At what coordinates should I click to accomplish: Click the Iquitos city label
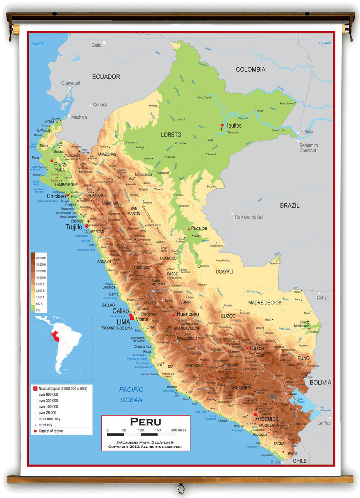point(234,126)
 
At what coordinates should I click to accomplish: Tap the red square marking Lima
point(132,318)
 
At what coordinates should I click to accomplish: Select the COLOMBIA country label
point(250,70)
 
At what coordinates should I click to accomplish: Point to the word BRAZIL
point(290,205)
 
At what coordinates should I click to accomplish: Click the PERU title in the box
point(145,422)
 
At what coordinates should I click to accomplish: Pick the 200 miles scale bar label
point(178,430)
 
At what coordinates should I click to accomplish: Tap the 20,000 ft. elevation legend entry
point(41,258)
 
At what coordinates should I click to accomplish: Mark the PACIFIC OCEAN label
point(131,395)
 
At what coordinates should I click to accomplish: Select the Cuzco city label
point(257,348)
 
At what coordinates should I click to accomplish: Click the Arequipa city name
point(267,419)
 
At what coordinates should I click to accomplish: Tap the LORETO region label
point(171,135)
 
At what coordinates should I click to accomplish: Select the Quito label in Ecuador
point(96,46)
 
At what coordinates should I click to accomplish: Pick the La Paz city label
point(323,423)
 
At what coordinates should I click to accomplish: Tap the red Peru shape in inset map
point(56,337)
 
